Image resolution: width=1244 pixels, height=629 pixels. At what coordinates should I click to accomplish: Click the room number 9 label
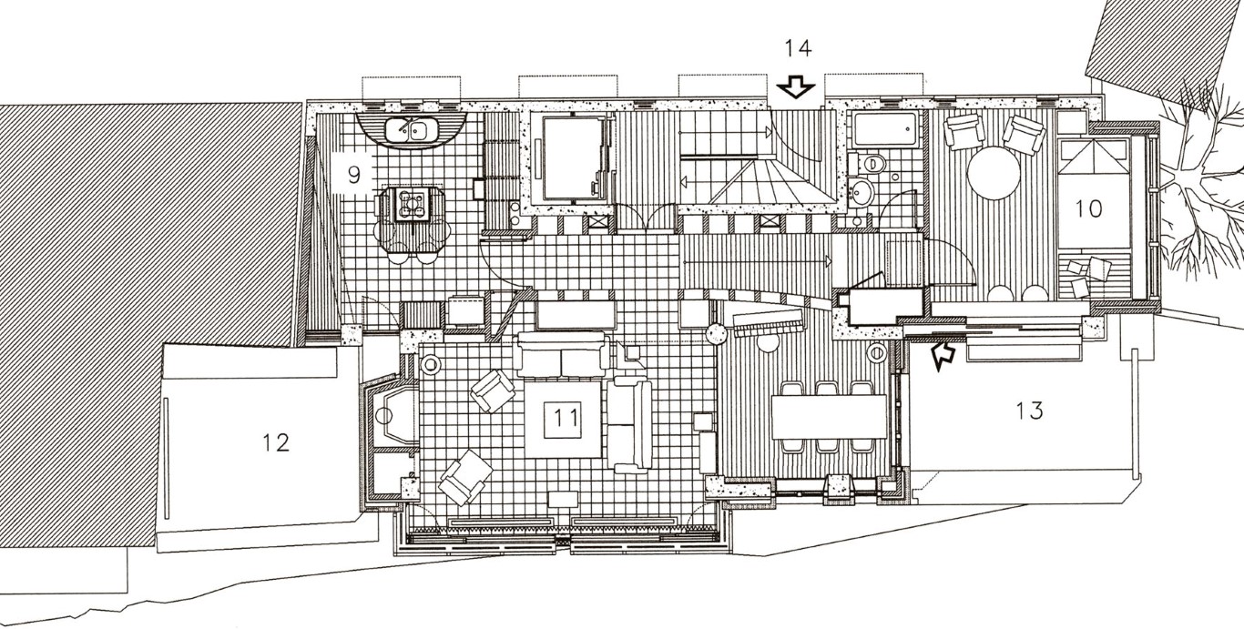pos(353,176)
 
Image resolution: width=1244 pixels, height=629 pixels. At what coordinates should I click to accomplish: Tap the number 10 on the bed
pos(1088,208)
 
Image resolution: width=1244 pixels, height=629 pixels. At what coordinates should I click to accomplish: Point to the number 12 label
pos(276,442)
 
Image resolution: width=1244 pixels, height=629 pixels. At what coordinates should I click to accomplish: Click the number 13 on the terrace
pos(1030,411)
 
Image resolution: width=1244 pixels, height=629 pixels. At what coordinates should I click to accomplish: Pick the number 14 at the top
pos(798,49)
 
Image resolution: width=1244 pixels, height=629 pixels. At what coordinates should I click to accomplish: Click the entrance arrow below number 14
pos(795,87)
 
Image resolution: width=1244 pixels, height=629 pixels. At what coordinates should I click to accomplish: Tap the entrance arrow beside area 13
pos(942,355)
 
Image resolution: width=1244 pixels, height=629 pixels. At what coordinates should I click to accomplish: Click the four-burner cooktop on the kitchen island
pos(411,204)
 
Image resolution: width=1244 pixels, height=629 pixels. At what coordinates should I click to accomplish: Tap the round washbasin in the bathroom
pos(860,191)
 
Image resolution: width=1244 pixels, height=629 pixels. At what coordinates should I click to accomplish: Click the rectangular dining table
pos(830,416)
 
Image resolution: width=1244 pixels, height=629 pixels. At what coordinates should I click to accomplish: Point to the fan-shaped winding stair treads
pos(770,181)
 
